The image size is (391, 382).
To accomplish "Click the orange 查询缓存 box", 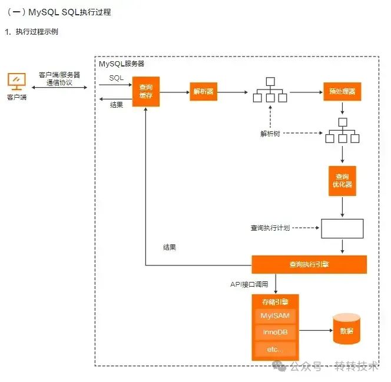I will point(146,92).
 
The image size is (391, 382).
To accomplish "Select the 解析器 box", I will point(203,92).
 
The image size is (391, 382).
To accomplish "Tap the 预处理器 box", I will point(342,92).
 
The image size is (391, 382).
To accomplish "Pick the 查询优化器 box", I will point(342,180).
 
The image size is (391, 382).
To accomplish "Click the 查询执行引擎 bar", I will point(309,264).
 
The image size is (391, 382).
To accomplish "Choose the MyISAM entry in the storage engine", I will point(275,315).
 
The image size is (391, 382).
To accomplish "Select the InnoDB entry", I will point(275,333).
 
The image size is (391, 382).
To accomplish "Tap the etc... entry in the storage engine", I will point(275,350).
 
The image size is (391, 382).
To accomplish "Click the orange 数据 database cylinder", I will point(346,330).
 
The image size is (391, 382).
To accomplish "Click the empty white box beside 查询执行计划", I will point(342,228).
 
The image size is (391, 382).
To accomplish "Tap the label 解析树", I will point(270,134).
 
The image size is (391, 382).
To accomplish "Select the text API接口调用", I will point(249,284).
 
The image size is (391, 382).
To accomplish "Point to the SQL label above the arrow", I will point(117,78).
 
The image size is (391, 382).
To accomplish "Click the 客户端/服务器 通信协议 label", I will point(59,79).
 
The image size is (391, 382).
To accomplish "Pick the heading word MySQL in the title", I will point(43,12).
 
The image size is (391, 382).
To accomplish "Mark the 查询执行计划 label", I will point(270,228).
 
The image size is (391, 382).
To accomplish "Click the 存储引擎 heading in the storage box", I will point(275,301).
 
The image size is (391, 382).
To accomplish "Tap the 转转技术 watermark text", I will point(356,366).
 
